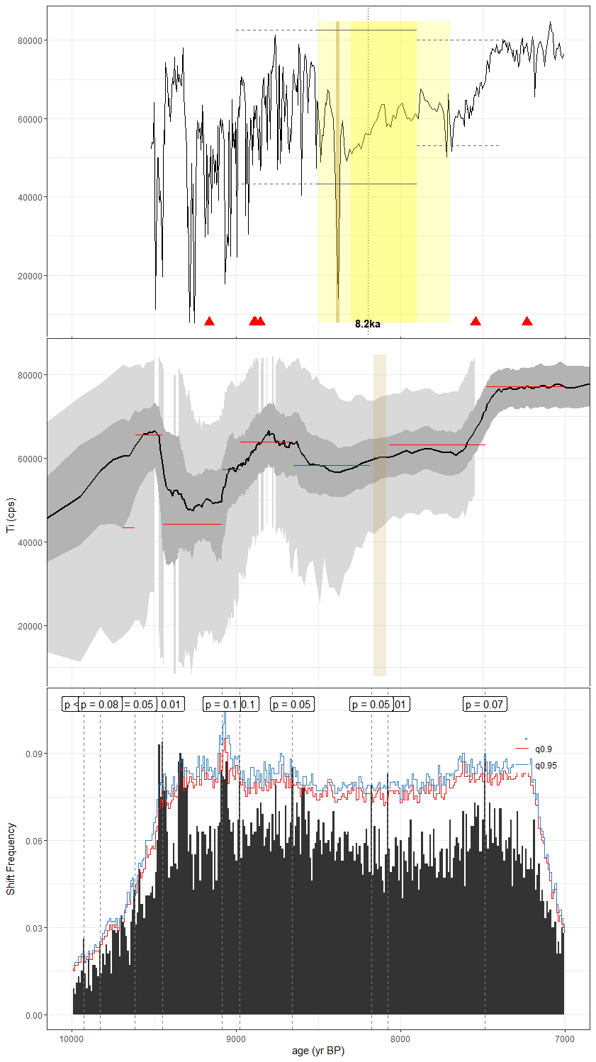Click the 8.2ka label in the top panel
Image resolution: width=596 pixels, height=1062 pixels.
(368, 324)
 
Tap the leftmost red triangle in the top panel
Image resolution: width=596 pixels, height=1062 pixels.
(209, 321)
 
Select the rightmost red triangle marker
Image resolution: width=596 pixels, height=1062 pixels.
(527, 321)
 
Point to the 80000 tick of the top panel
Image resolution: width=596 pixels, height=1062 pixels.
(30, 40)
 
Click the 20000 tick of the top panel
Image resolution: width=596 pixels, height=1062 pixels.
(30, 276)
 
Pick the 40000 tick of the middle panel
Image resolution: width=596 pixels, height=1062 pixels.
(30, 542)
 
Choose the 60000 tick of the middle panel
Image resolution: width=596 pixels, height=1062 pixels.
(30, 459)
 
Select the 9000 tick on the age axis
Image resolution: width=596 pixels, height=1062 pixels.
(236, 1039)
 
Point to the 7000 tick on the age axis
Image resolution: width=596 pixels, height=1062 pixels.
(565, 1039)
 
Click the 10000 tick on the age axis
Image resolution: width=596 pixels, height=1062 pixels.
(72, 1039)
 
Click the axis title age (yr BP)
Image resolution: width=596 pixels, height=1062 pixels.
(318, 1051)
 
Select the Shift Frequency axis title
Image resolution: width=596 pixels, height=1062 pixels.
(11, 859)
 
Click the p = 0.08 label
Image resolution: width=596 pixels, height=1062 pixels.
(99, 705)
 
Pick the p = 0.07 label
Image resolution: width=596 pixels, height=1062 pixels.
(484, 705)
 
